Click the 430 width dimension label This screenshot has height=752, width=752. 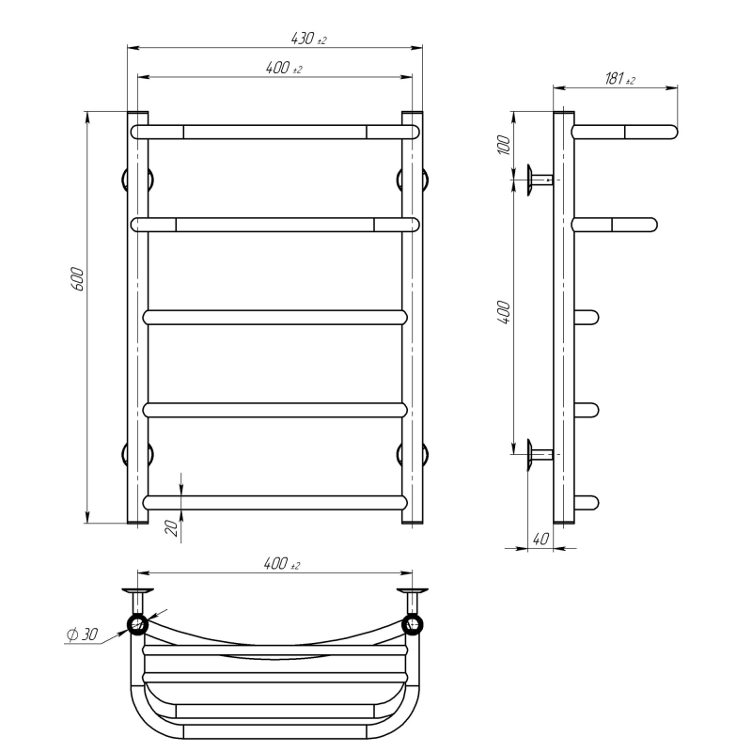309,39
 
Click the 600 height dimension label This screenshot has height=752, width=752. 77,278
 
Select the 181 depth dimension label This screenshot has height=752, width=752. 619,78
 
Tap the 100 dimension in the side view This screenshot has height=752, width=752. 504,145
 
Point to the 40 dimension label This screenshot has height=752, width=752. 540,539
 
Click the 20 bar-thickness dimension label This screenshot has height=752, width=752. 171,528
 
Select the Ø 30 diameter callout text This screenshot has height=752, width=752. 82,634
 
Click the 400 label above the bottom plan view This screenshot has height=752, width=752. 281,563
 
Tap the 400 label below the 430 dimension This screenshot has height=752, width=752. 284,68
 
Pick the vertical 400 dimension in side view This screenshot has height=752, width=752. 504,313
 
